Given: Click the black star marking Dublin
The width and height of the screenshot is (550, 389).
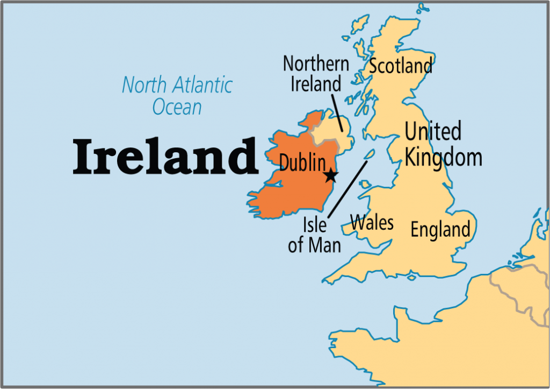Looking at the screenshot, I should coord(331,175).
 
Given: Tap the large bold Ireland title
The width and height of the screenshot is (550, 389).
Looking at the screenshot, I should coord(165,155).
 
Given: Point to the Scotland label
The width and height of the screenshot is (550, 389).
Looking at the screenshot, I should coord(401,66).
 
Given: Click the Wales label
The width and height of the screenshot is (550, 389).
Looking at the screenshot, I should coord(372,221).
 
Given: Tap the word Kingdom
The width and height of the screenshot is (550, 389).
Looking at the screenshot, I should coord(443,158).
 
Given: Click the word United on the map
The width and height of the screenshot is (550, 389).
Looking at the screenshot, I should coord(432,131).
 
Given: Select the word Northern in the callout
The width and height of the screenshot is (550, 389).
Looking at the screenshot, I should coord(316,63).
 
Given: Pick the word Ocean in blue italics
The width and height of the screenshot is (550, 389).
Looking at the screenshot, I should coord(177,107).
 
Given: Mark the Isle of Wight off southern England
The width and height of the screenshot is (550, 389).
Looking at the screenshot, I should coord(411,278).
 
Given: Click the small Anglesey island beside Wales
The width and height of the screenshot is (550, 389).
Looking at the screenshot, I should coord(365,185).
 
